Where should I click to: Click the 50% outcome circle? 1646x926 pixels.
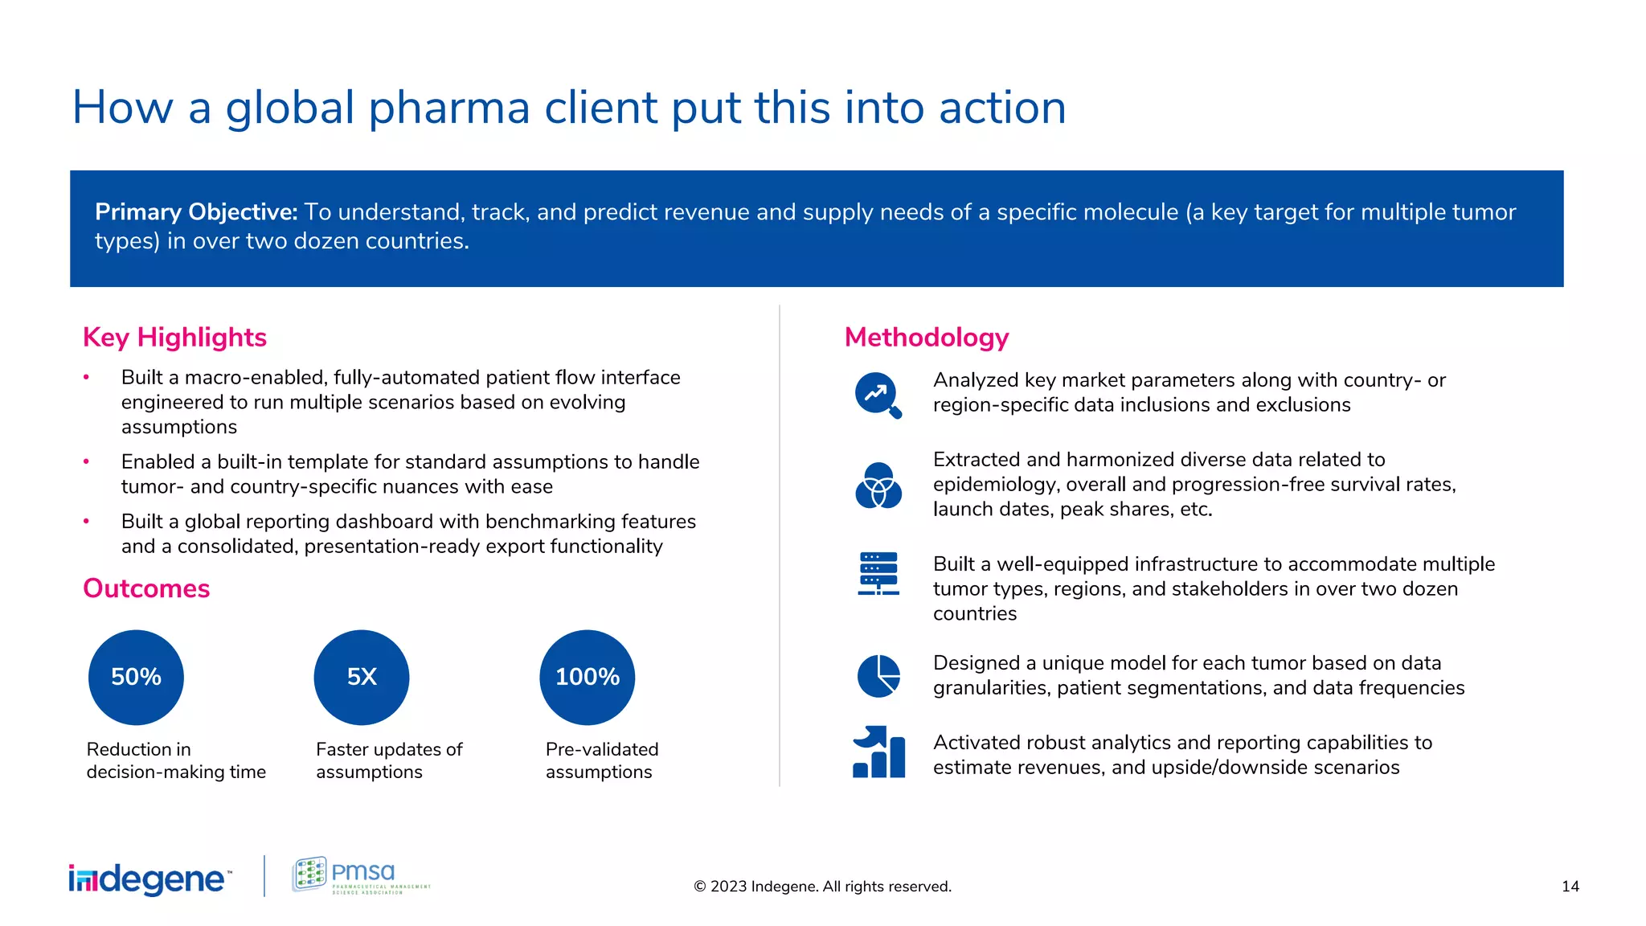coord(136,677)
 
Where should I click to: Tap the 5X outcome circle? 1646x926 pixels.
coord(362,677)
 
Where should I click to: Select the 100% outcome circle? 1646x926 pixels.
coord(588,677)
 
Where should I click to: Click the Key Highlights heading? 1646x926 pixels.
coord(174,338)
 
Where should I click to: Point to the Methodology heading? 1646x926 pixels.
coord(927,338)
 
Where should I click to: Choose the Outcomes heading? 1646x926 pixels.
coord(146,588)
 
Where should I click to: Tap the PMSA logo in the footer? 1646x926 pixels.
coord(361,875)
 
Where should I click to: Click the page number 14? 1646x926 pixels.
coord(1570,887)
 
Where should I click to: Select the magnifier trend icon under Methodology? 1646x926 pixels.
coord(878,395)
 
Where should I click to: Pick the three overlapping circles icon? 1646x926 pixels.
coord(878,486)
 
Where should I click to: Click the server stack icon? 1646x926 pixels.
coord(878,574)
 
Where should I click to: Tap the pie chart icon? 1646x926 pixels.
coord(878,676)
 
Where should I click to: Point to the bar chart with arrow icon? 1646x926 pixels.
coord(878,752)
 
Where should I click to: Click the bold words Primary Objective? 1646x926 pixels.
coord(196,212)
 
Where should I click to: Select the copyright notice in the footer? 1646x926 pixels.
coord(822,887)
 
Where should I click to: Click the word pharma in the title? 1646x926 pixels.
coord(449,108)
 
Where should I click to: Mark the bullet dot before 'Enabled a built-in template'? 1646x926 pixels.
coord(86,461)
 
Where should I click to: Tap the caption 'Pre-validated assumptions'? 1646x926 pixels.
coord(601,760)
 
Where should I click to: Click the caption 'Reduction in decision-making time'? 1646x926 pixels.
coord(176,760)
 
